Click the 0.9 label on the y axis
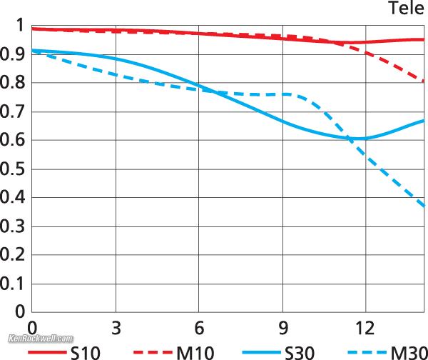[14, 54]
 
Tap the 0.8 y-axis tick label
[14, 82]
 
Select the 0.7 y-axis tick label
[14, 111]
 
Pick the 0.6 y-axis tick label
[14, 140]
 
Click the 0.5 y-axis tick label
[14, 169]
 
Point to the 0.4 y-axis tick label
[14, 197]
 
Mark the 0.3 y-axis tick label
[14, 226]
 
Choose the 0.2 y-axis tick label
[14, 254]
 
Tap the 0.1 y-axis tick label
[14, 283]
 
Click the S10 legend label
[86, 351]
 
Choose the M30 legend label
[407, 351]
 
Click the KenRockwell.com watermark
[41, 338]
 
